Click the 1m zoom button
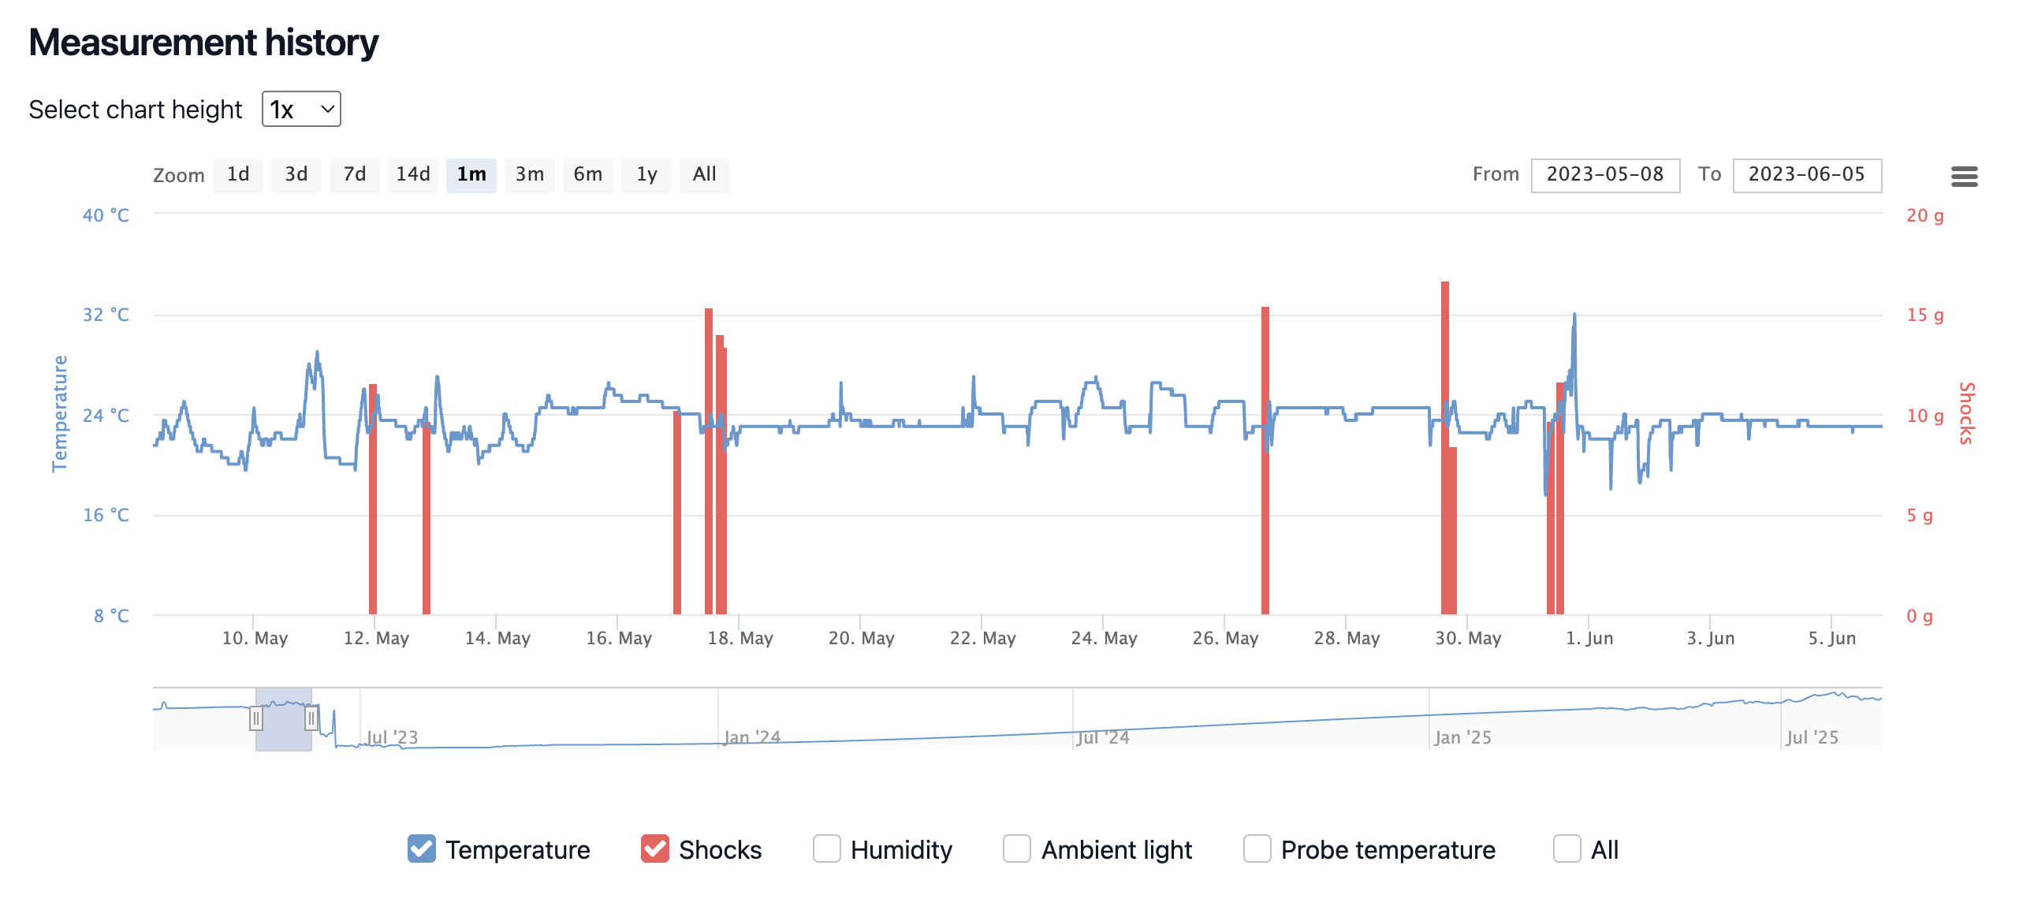coord(471,174)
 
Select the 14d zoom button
coord(412,174)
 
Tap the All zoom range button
coord(704,174)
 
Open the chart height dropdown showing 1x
coord(301,109)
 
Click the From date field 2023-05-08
coord(1604,174)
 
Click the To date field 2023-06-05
coord(1806,174)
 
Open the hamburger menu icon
coord(1964,177)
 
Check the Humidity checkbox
coord(826,848)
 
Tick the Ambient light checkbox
coord(1016,848)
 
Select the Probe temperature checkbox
coord(1257,848)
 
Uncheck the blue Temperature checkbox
coord(422,848)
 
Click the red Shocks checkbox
coord(655,848)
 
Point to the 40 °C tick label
coord(106,215)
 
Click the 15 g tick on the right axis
coord(1924,315)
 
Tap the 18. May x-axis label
coord(740,638)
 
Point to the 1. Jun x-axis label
coord(1589,638)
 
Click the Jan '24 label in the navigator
coord(751,737)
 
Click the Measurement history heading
coord(203,43)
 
